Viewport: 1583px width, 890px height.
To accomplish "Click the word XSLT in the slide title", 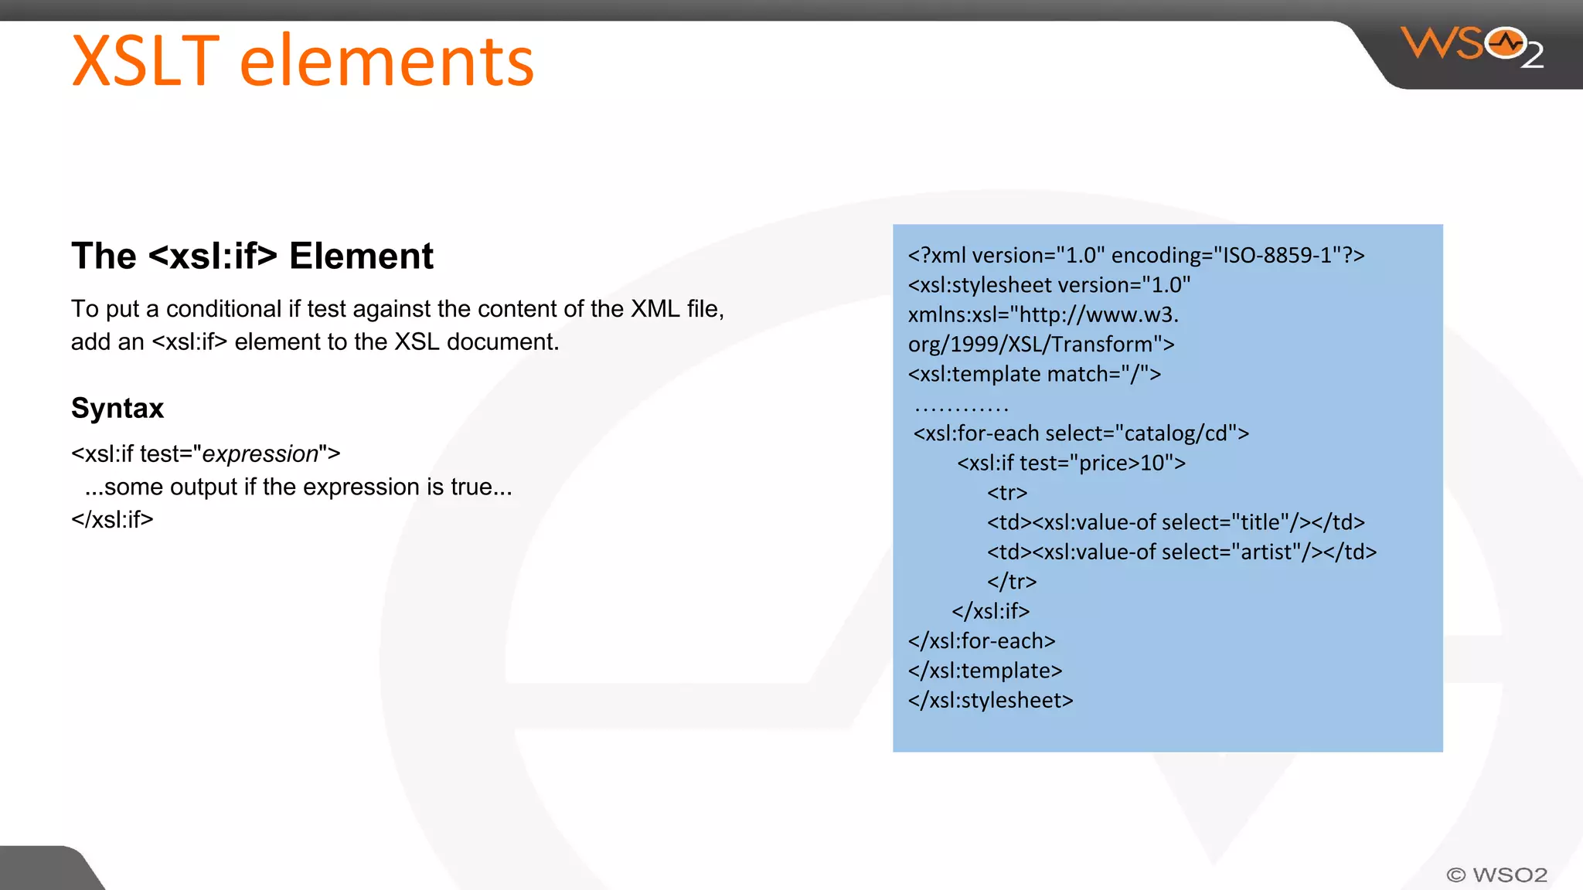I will click(145, 62).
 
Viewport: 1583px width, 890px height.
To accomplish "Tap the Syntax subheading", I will click(117, 408).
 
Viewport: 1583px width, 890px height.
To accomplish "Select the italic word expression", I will click(260, 454).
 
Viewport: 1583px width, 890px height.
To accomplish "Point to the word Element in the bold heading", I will click(361, 256).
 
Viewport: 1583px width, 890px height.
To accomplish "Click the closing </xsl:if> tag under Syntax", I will click(112, 520).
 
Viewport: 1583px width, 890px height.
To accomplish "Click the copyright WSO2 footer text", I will click(1496, 875).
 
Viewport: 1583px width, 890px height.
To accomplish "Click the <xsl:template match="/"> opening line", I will click(1034, 375).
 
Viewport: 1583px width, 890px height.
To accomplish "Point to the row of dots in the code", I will click(962, 407).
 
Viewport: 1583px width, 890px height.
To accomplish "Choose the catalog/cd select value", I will click(1180, 433).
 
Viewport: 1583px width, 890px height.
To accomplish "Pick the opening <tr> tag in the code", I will click(1007, 493).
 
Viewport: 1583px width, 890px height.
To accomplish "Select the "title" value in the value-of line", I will click(1261, 523).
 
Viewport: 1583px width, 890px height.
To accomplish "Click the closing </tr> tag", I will click(1012, 582).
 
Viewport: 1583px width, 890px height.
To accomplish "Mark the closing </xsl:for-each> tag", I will click(982, 641).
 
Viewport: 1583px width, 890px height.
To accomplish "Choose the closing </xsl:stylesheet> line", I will click(991, 701).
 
